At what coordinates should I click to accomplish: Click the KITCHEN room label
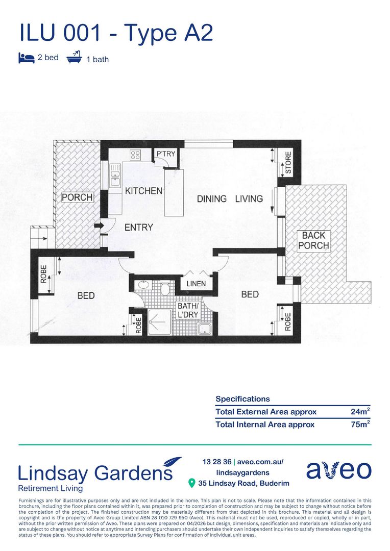pyautogui.click(x=143, y=191)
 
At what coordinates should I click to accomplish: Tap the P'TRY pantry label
pyautogui.click(x=165, y=154)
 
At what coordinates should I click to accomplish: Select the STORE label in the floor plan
pyautogui.click(x=288, y=162)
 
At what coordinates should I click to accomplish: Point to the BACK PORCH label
pyautogui.click(x=314, y=240)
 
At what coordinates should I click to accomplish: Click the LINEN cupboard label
pyautogui.click(x=196, y=284)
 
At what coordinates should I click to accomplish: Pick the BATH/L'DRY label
pyautogui.click(x=188, y=310)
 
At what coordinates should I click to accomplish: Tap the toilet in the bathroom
pyautogui.click(x=165, y=288)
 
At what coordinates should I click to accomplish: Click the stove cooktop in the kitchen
pyautogui.click(x=135, y=155)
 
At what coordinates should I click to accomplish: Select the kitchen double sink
pyautogui.click(x=115, y=176)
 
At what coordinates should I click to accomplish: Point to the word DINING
pyautogui.click(x=212, y=199)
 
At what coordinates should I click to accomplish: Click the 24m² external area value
pyautogui.click(x=360, y=411)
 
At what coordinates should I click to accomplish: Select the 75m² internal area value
pyautogui.click(x=360, y=424)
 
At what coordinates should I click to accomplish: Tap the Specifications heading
pyautogui.click(x=242, y=399)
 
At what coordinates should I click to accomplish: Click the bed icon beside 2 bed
pyautogui.click(x=27, y=58)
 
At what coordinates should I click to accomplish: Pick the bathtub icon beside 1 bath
pyautogui.click(x=74, y=57)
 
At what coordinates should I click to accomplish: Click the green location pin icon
pyautogui.click(x=191, y=483)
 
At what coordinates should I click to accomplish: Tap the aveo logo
pyautogui.click(x=338, y=470)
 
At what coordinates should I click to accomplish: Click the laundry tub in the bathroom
pyautogui.click(x=204, y=329)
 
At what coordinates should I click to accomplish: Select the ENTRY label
pyautogui.click(x=138, y=228)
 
